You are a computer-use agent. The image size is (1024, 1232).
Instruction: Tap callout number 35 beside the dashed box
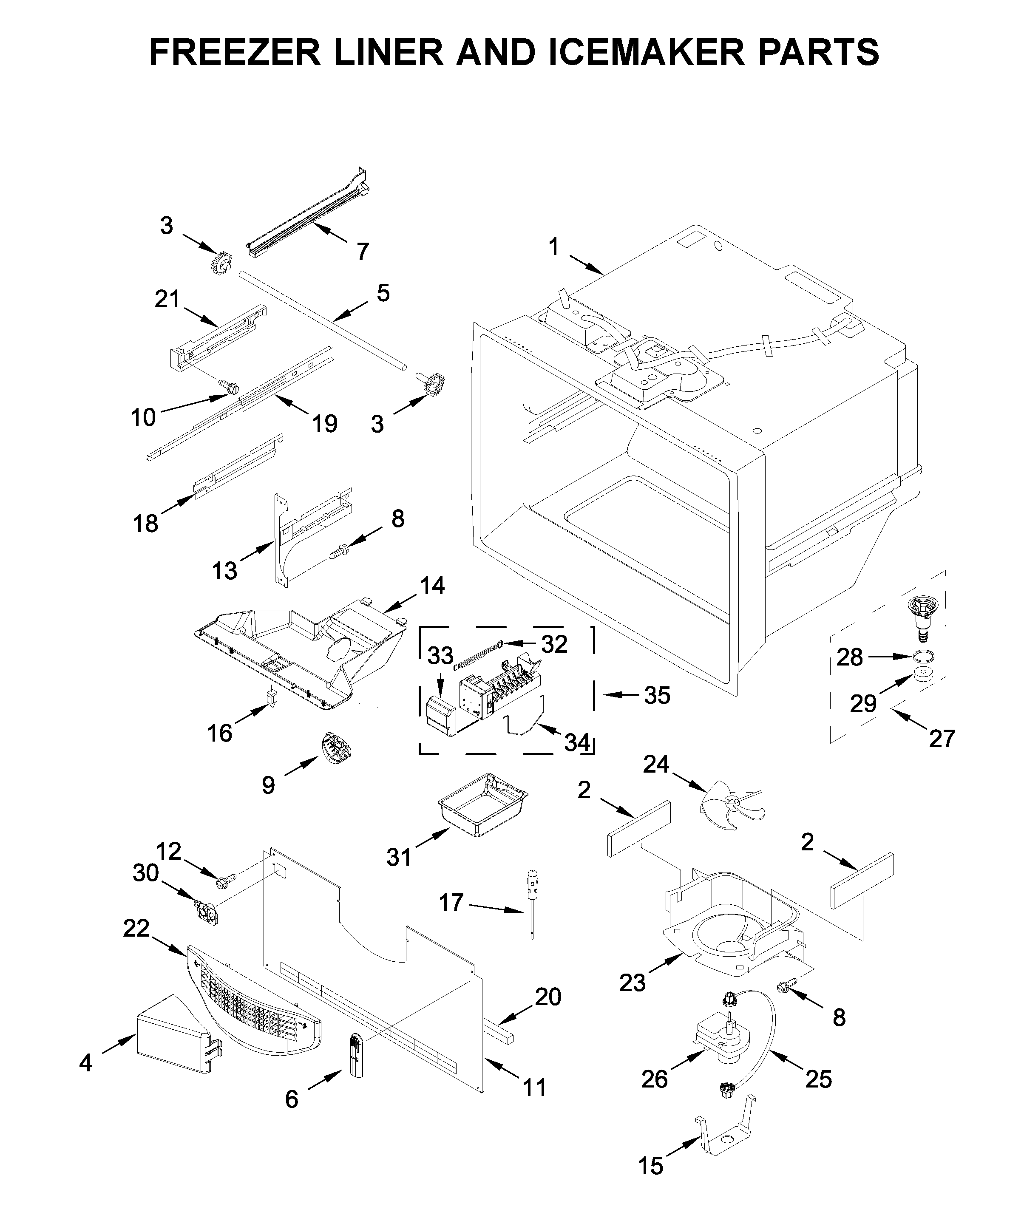657,695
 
